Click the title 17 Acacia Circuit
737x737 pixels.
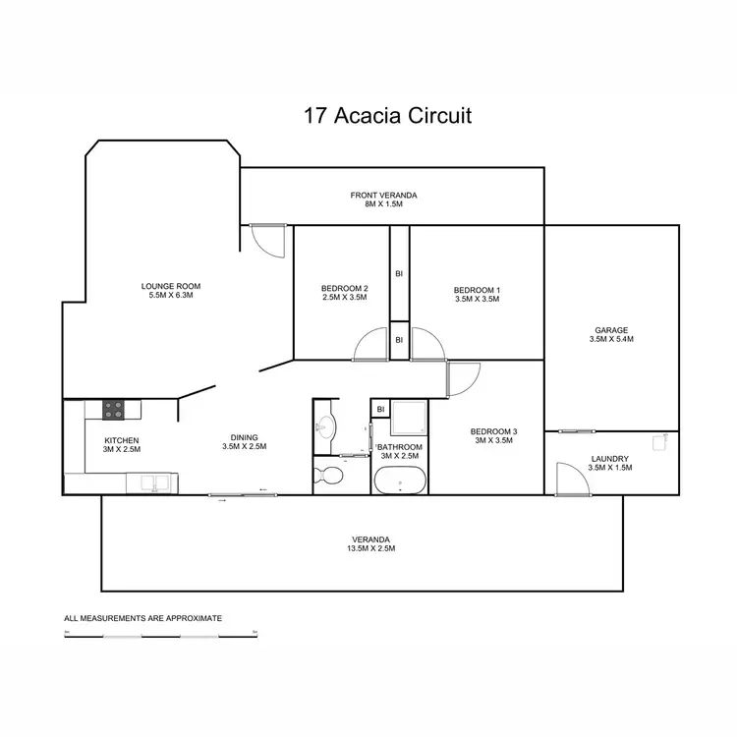coord(387,116)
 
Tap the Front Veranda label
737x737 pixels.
coord(384,196)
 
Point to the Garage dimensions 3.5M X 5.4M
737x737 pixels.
coord(610,339)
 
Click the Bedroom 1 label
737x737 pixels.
coord(477,290)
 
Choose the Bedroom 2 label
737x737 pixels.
coord(343,289)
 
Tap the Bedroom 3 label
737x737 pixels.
coord(493,432)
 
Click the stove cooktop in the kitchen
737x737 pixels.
coord(113,410)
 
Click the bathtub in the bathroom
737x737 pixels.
coord(400,482)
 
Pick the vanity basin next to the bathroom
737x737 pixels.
coord(325,425)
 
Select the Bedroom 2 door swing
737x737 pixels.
coord(374,344)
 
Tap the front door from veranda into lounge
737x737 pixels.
coord(266,240)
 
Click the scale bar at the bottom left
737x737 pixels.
coord(160,635)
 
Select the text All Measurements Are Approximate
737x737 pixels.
coord(142,618)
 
